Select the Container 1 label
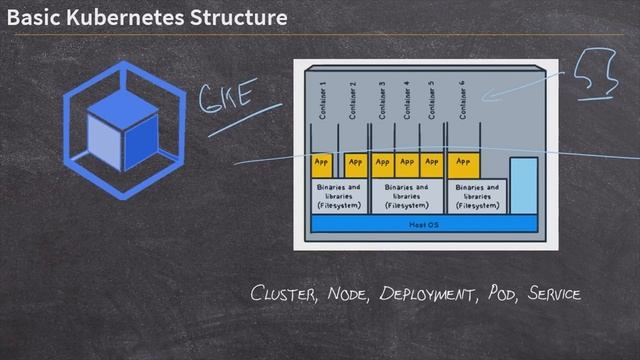pos(323,99)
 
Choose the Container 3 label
pos(382,99)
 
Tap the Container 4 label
pos(406,99)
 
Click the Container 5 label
pos(431,99)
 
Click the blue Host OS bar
pos(423,224)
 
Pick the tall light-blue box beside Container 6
pos(523,185)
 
